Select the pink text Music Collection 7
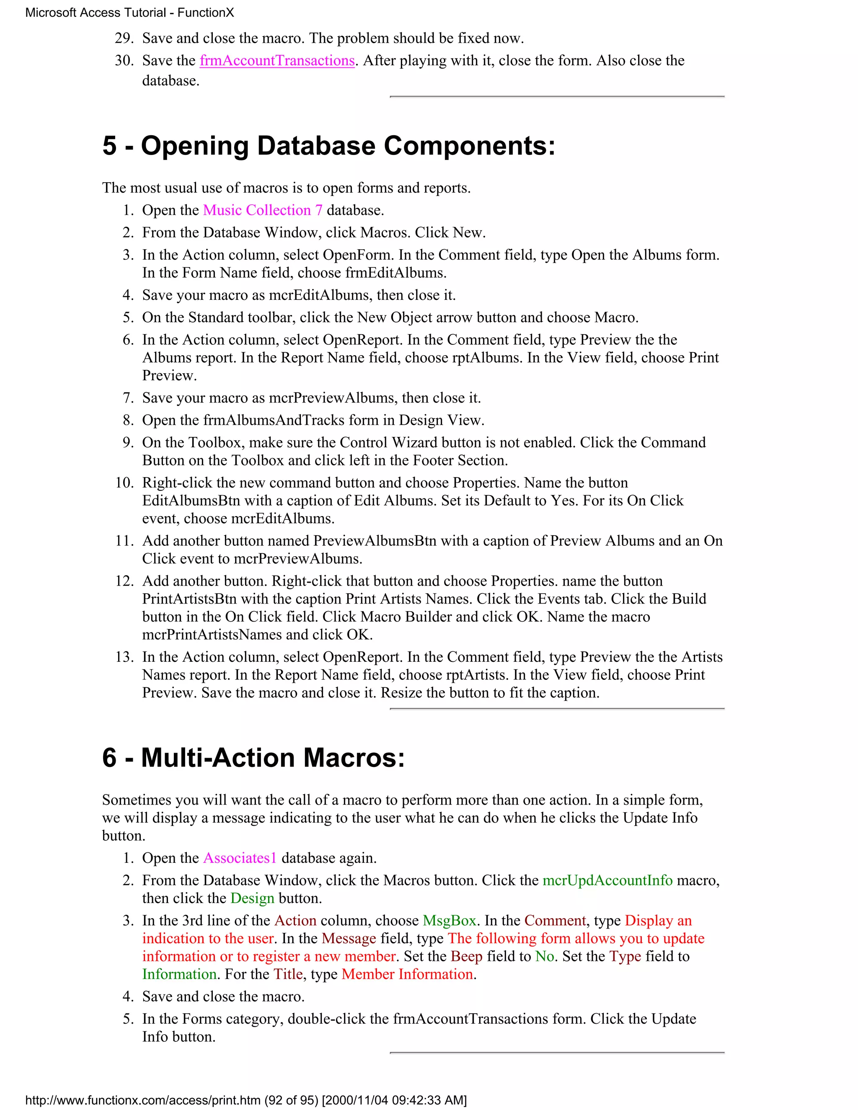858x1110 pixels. click(263, 210)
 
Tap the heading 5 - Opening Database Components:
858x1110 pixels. click(328, 146)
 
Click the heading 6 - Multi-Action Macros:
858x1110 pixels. click(253, 758)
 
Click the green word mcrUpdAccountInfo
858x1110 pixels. click(607, 880)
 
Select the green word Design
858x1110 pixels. click(252, 898)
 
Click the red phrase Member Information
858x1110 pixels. click(407, 974)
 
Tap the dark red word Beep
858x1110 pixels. click(466, 957)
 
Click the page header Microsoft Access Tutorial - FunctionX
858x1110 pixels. click(129, 13)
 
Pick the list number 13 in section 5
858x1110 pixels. click(124, 657)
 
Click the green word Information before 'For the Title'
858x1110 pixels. click(179, 974)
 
